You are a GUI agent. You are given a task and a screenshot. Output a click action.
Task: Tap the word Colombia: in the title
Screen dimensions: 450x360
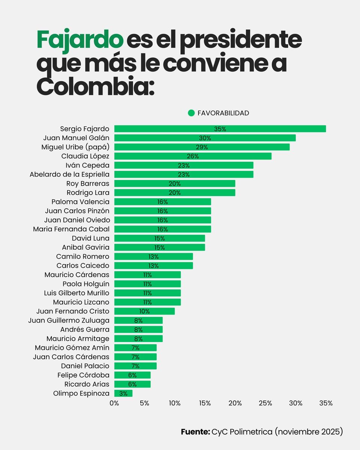pos(95,86)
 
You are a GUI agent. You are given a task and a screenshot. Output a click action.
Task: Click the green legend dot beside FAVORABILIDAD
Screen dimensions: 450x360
pos(191,113)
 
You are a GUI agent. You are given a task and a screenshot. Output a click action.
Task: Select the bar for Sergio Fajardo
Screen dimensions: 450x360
pos(220,129)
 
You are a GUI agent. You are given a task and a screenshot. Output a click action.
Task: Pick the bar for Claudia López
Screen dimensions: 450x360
pos(193,156)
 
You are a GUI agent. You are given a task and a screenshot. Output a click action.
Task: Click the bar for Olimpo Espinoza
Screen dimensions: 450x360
pos(123,393)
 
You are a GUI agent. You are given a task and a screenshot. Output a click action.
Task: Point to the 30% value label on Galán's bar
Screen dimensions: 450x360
pos(205,138)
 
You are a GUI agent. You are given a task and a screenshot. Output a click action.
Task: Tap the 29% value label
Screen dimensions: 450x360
pos(202,147)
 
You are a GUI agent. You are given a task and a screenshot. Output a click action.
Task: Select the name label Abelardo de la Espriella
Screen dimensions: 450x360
pos(69,174)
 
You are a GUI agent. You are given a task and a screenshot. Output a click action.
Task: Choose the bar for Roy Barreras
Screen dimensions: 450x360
pos(175,183)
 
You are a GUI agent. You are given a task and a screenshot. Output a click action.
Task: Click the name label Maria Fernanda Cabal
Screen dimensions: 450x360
pos(71,229)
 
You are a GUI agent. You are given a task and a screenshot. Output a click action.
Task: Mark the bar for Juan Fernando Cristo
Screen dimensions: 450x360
pos(144,311)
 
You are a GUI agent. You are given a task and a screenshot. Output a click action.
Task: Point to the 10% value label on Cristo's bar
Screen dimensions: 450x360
pos(144,311)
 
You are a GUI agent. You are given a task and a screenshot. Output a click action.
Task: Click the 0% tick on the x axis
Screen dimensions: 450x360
pos(114,403)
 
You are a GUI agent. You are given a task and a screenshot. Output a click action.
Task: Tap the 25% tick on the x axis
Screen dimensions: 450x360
pos(265,403)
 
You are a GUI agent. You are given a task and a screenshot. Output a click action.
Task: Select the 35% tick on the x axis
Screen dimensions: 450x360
pos(325,403)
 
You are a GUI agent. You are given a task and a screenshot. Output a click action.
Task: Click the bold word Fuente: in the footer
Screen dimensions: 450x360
pos(195,432)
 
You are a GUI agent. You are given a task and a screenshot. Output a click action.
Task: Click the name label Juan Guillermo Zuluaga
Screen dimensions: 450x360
pos(69,320)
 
